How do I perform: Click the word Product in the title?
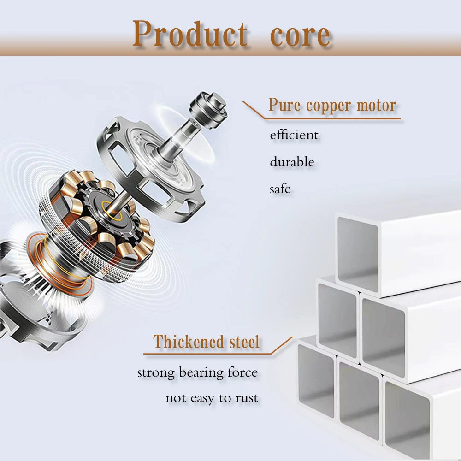coord(190,34)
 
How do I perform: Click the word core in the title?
coord(300,36)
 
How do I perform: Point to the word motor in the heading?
coord(376,105)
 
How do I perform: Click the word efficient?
coord(294,135)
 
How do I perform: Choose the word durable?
coord(292,162)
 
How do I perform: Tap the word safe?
coord(280,189)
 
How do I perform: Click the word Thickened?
coord(189,342)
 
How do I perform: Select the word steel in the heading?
coord(245,342)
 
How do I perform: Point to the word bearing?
coord(201,373)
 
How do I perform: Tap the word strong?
coord(156,373)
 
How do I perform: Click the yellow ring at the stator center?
coord(112,210)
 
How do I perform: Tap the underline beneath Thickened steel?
coord(207,354)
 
